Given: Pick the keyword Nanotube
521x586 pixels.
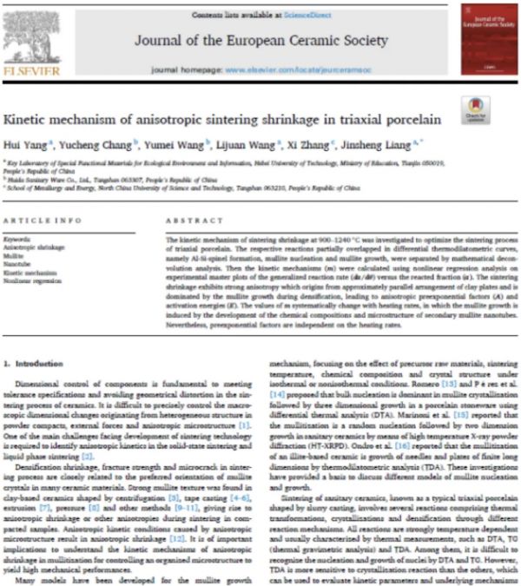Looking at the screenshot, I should click(21, 264).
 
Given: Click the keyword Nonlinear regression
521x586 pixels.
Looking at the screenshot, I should click(35, 280).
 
